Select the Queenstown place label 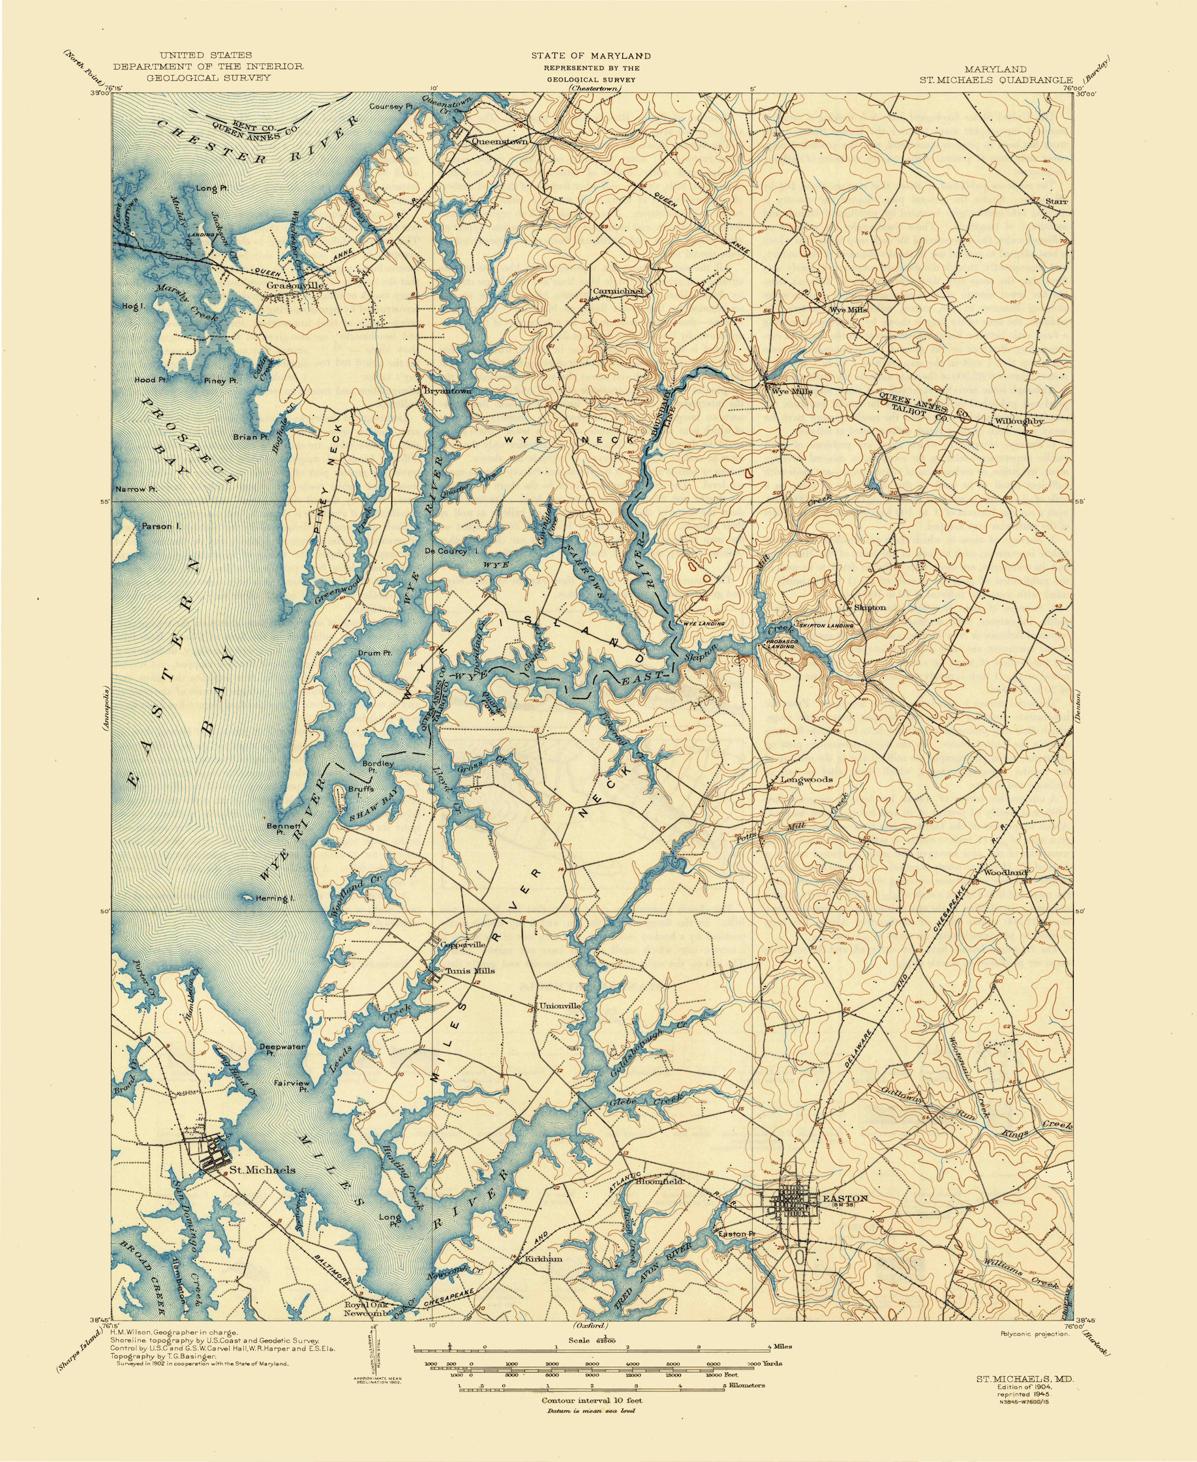[499, 142]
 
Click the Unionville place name [560, 1005]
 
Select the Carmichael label [618, 291]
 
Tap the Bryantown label [447, 391]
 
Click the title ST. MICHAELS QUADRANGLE [996, 80]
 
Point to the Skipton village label [870, 607]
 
